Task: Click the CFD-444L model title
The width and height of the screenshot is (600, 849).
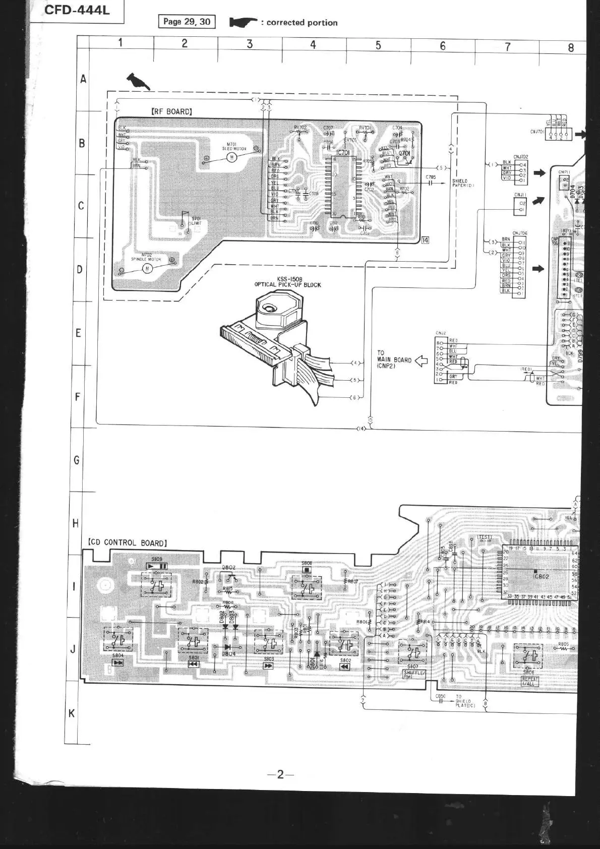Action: pos(77,10)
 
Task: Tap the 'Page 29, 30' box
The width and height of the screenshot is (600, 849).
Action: pos(187,22)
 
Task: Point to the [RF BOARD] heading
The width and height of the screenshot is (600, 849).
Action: pos(171,111)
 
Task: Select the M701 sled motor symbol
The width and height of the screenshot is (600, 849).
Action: pos(232,157)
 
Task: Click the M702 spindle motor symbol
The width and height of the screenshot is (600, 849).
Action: pos(148,268)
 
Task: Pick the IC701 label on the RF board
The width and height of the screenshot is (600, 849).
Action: pos(342,152)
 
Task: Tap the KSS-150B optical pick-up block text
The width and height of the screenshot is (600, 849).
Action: pos(287,282)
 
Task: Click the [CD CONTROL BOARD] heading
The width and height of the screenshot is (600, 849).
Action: pos(127,542)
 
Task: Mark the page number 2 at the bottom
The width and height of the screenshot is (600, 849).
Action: pos(280,774)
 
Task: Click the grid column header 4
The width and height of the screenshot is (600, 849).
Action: pos(313,45)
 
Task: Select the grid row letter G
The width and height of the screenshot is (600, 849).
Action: pos(77,460)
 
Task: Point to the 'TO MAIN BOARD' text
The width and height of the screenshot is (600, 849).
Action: pos(394,359)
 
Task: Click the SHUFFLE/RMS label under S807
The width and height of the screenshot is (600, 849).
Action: pos(414,675)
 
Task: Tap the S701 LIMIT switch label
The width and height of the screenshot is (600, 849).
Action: pos(196,220)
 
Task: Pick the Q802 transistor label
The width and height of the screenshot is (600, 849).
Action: pos(228,568)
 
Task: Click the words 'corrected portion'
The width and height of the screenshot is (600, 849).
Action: pos(302,23)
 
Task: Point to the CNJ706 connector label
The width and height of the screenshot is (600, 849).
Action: pos(520,233)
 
